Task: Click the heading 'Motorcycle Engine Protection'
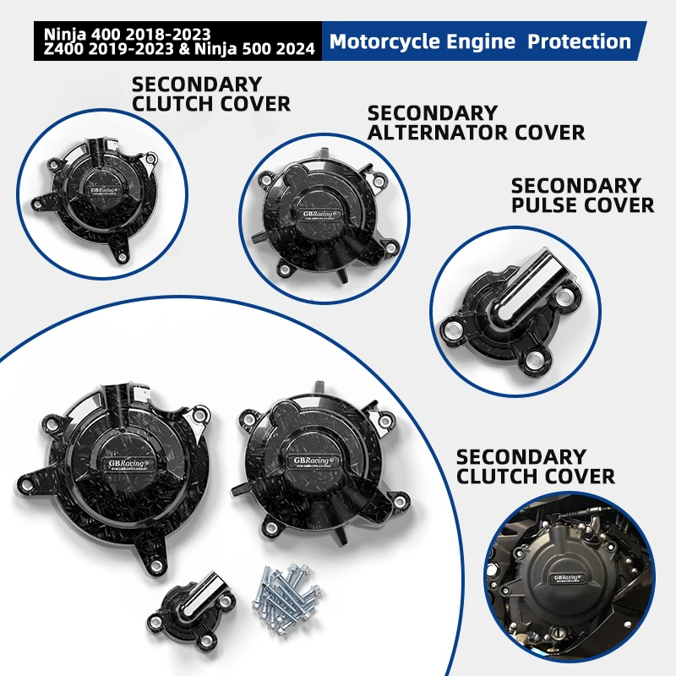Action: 480,41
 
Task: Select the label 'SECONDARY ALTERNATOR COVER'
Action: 476,123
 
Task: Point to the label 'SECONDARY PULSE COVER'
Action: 582,194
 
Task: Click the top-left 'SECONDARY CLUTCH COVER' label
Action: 210,94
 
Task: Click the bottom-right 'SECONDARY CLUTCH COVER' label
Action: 536,466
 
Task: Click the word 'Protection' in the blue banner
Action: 579,41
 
